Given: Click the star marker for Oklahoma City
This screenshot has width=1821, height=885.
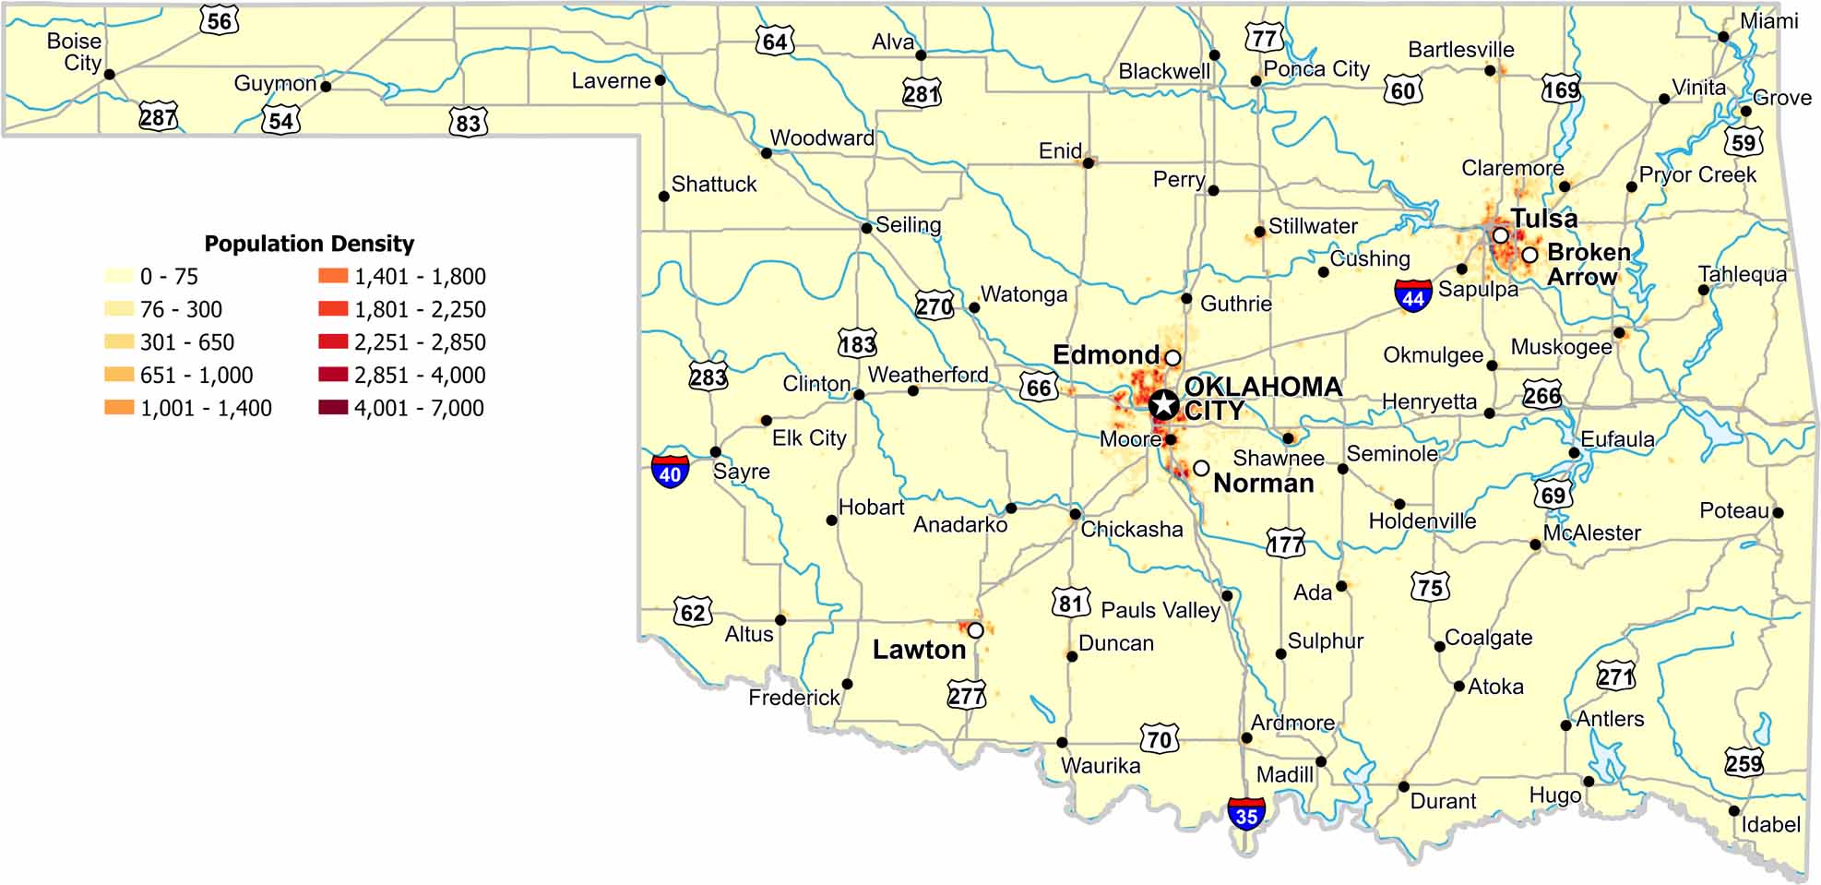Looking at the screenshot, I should pyautogui.click(x=1164, y=403).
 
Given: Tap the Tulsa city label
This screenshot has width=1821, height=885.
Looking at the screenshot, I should pyautogui.click(x=1543, y=219).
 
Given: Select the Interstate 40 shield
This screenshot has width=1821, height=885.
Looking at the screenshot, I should pyautogui.click(x=670, y=472).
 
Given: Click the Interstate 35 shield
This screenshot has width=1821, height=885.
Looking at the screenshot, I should pyautogui.click(x=1246, y=814).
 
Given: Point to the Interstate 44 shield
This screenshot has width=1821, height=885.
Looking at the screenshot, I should pyautogui.click(x=1413, y=295).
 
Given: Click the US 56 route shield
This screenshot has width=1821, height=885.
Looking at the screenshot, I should pyautogui.click(x=220, y=20).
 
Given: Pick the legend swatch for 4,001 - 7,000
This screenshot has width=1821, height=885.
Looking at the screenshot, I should pyautogui.click(x=333, y=407).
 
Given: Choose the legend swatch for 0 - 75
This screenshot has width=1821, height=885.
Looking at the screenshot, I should pyautogui.click(x=119, y=276).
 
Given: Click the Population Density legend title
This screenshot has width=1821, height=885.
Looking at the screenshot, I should pyautogui.click(x=309, y=244).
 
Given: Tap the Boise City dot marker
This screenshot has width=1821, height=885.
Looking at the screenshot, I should pyautogui.click(x=110, y=74).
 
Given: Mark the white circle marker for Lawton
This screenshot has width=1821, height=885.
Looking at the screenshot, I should pyautogui.click(x=975, y=630).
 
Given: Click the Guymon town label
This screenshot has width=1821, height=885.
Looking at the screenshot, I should pyautogui.click(x=275, y=83).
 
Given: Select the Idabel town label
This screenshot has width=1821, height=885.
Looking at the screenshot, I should pyautogui.click(x=1770, y=824).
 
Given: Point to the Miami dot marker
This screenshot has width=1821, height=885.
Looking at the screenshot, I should pyautogui.click(x=1723, y=37).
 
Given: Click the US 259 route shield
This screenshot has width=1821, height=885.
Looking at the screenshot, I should pyautogui.click(x=1744, y=762).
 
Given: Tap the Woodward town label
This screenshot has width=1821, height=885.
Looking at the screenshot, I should pyautogui.click(x=822, y=138).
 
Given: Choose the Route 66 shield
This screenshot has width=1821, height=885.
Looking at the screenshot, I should pyautogui.click(x=1039, y=387).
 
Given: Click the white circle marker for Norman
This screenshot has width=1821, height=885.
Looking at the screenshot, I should pyautogui.click(x=1201, y=469).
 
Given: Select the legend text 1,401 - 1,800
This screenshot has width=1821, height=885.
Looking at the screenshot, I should pyautogui.click(x=420, y=276).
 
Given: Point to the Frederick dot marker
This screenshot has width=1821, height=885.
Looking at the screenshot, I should pyautogui.click(x=847, y=684).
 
